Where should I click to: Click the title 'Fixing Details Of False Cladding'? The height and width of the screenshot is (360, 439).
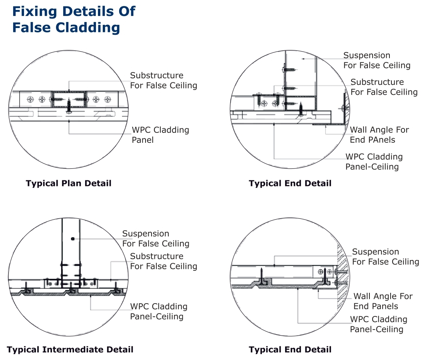tap(74, 19)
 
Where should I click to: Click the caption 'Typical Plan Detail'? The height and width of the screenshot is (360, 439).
tap(68, 184)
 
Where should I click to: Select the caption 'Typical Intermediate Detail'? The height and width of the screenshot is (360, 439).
tap(70, 350)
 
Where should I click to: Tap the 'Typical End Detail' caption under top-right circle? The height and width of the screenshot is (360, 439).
tap(290, 184)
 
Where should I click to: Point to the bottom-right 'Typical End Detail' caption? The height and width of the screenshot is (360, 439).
tap(290, 350)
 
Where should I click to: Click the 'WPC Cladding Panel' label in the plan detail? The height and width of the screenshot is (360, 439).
tap(160, 135)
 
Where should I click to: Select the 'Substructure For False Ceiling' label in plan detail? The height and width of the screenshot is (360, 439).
tap(163, 80)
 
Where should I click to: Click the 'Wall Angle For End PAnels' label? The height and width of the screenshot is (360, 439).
tap(379, 135)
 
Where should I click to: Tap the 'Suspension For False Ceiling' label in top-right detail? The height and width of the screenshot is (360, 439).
tap(377, 60)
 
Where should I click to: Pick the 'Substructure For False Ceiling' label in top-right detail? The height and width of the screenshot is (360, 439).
tap(384, 87)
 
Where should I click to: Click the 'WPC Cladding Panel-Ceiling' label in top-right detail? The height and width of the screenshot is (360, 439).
tap(374, 162)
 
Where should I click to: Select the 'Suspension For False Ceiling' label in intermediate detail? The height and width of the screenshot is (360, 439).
tap(156, 238)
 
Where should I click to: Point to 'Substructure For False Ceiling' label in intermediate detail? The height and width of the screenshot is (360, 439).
tap(163, 261)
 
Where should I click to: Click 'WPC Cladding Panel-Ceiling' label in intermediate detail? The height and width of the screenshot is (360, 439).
tap(158, 311)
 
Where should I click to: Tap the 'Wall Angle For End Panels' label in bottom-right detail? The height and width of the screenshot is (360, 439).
tap(383, 301)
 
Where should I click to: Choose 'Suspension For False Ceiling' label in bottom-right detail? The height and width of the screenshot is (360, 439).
tap(385, 257)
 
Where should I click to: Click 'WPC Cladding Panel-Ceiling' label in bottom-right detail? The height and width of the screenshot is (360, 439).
tap(378, 324)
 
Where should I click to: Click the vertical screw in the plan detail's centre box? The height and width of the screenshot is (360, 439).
tap(69, 105)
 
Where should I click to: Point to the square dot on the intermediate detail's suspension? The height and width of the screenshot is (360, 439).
tap(72, 239)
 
